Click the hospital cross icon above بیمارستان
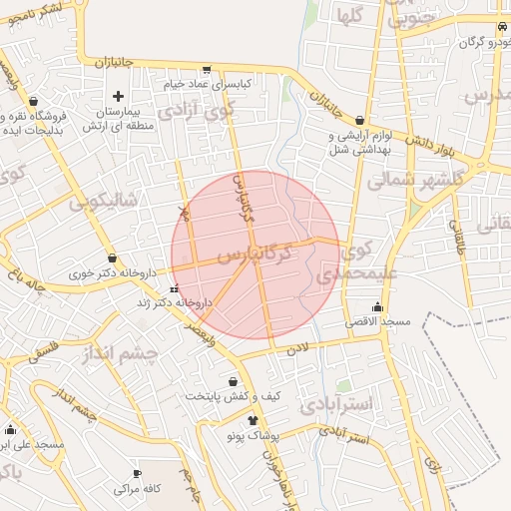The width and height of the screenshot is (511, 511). click(x=119, y=97)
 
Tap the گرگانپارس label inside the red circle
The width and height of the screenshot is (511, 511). click(x=255, y=251)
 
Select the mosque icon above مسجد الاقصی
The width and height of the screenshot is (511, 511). click(x=377, y=307)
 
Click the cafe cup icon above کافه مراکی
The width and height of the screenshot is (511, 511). click(x=138, y=473)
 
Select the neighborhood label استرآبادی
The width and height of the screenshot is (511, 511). click(x=368, y=404)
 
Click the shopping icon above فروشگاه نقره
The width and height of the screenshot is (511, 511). click(x=35, y=102)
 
